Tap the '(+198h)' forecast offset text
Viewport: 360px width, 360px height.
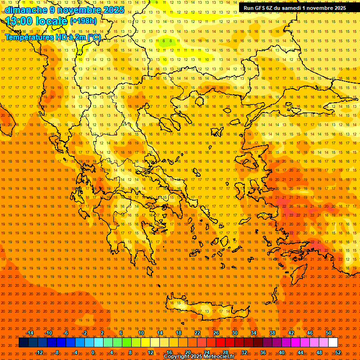tap(83, 21)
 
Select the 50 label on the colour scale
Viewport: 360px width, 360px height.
tap(328, 333)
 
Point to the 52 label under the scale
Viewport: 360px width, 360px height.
tap(337, 352)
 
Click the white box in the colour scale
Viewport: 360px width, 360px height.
tap(333, 343)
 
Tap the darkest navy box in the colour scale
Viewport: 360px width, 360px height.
tap(24, 343)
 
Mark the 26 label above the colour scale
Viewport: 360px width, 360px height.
tap(216, 333)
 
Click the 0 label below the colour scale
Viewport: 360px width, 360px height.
tap(93, 352)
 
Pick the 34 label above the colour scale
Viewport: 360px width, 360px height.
tap(253, 333)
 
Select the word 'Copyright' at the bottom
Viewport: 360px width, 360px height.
tap(176, 357)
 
